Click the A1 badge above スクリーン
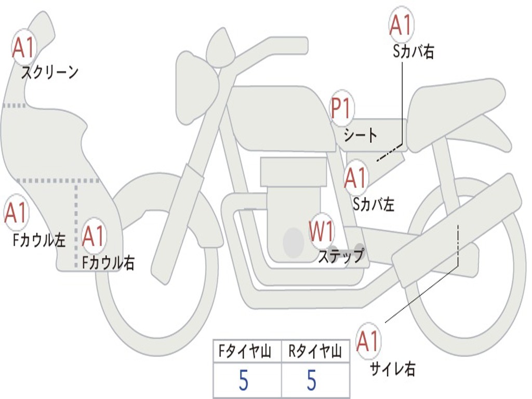tap(24, 48)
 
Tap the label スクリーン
tap(50, 72)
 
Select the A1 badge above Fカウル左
tap(16, 212)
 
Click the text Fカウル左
tap(39, 240)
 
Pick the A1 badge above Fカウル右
tap(94, 236)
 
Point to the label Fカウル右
tap(109, 262)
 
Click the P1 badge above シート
tap(342, 108)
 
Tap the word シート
tap(361, 135)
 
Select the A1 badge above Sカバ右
tap(401, 25)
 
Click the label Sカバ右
tap(414, 52)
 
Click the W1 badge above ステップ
tap(321, 231)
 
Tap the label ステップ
tap(341, 256)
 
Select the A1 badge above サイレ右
tap(368, 341)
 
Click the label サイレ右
tap(393, 369)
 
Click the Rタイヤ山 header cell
tap(315, 352)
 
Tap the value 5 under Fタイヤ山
tap(244, 380)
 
